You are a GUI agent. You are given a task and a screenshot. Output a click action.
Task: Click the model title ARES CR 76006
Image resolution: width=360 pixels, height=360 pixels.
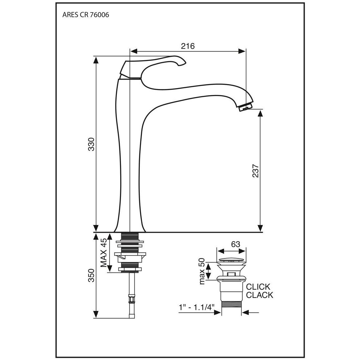[86, 15]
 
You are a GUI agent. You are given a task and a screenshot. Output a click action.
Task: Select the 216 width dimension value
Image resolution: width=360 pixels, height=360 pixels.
[188, 46]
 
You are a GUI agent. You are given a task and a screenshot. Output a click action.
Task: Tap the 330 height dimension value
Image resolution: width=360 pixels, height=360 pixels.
[91, 144]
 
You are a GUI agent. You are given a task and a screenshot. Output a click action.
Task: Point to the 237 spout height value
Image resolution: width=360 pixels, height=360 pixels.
[255, 171]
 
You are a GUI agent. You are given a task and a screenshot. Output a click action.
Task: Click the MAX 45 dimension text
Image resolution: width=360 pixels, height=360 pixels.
[103, 252]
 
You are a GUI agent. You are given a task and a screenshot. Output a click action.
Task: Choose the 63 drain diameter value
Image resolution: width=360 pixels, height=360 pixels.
[236, 244]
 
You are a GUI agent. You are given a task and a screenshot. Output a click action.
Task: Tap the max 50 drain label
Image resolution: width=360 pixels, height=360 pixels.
[202, 271]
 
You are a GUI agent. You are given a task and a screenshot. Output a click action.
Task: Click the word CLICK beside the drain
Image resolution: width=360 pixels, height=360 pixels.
[258, 287]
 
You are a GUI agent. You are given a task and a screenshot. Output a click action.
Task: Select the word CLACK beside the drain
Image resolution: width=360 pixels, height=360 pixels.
[260, 295]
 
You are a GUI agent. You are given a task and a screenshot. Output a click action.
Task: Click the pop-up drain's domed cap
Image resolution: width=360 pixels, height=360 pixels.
[231, 260]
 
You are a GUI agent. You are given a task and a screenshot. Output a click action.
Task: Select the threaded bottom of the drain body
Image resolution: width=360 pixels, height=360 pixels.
[231, 308]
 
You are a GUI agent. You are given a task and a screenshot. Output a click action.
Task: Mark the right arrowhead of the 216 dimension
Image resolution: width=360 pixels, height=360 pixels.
[242, 51]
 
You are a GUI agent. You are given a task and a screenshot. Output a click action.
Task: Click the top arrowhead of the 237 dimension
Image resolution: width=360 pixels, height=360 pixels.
[260, 114]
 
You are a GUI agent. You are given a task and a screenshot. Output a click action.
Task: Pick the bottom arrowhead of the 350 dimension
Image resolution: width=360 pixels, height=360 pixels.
[96, 314]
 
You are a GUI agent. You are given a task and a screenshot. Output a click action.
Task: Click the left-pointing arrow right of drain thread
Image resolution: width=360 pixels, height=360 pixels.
[250, 312]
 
